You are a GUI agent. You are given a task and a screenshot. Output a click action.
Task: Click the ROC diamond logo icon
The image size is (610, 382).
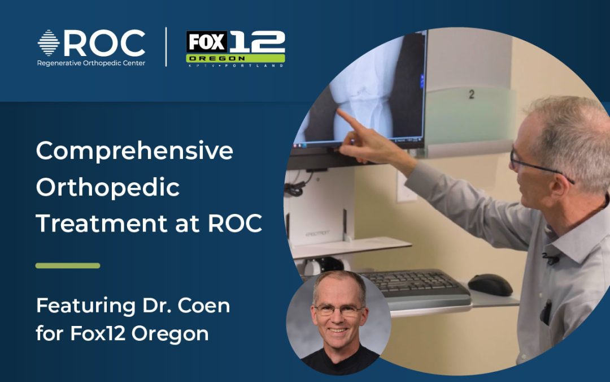click(x=49, y=43)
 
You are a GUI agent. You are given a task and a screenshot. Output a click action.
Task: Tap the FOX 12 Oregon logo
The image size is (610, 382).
click(x=235, y=49)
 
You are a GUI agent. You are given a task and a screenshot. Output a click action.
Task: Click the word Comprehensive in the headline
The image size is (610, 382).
click(x=134, y=152)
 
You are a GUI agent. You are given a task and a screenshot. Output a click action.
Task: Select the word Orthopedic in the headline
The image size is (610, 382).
click(x=108, y=187)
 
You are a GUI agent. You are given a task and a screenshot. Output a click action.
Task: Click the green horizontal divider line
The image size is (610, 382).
click(x=68, y=265)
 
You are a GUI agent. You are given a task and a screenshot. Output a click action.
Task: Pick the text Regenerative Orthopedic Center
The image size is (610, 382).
click(x=91, y=63)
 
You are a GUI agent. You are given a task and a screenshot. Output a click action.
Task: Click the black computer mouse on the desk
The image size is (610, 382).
click(x=490, y=284)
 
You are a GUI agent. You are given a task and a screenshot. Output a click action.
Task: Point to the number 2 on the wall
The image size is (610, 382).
click(x=471, y=95)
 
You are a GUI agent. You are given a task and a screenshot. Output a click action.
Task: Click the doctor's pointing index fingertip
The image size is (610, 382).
click(x=339, y=111)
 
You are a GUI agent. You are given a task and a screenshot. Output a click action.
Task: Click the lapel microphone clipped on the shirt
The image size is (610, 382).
click(x=550, y=259)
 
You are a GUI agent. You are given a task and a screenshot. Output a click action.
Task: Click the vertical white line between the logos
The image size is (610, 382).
click(x=166, y=48)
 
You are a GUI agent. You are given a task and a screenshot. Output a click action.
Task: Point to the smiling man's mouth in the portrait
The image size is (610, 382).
click(x=338, y=330)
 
